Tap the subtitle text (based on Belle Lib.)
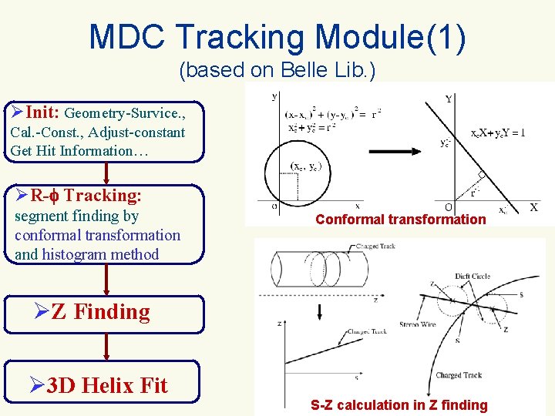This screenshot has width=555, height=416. pyautogui.click(x=277, y=71)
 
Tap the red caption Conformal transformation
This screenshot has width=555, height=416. pyautogui.click(x=401, y=220)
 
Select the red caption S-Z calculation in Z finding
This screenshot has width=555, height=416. pyautogui.click(x=399, y=405)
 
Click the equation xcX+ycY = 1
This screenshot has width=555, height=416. pyautogui.click(x=498, y=132)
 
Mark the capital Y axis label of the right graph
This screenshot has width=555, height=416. pyautogui.click(x=449, y=99)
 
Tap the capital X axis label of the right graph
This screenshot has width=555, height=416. pyautogui.click(x=533, y=207)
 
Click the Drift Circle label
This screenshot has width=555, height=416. pyautogui.click(x=473, y=277)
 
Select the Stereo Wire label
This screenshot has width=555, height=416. pyautogui.click(x=419, y=326)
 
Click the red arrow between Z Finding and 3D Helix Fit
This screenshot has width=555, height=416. pyautogui.click(x=106, y=346)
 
